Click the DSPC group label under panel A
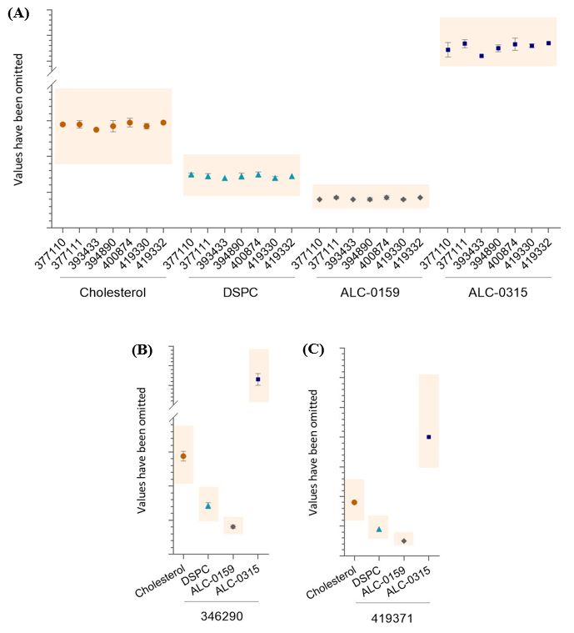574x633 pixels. [x=241, y=292]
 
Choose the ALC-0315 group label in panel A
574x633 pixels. [x=498, y=292]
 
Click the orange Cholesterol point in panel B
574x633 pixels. [x=183, y=455]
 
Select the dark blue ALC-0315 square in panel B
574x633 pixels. [x=257, y=379]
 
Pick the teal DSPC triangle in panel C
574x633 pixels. [x=379, y=529]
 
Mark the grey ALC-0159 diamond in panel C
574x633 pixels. [x=404, y=541]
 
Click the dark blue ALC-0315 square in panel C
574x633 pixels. [x=429, y=437]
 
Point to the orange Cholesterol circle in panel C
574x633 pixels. [x=354, y=502]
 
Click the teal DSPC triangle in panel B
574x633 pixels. [x=208, y=505]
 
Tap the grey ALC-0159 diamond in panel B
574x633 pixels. [x=233, y=527]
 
